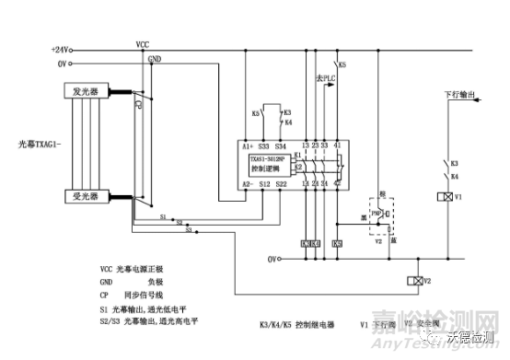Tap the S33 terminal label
265,145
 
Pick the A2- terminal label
248,184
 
